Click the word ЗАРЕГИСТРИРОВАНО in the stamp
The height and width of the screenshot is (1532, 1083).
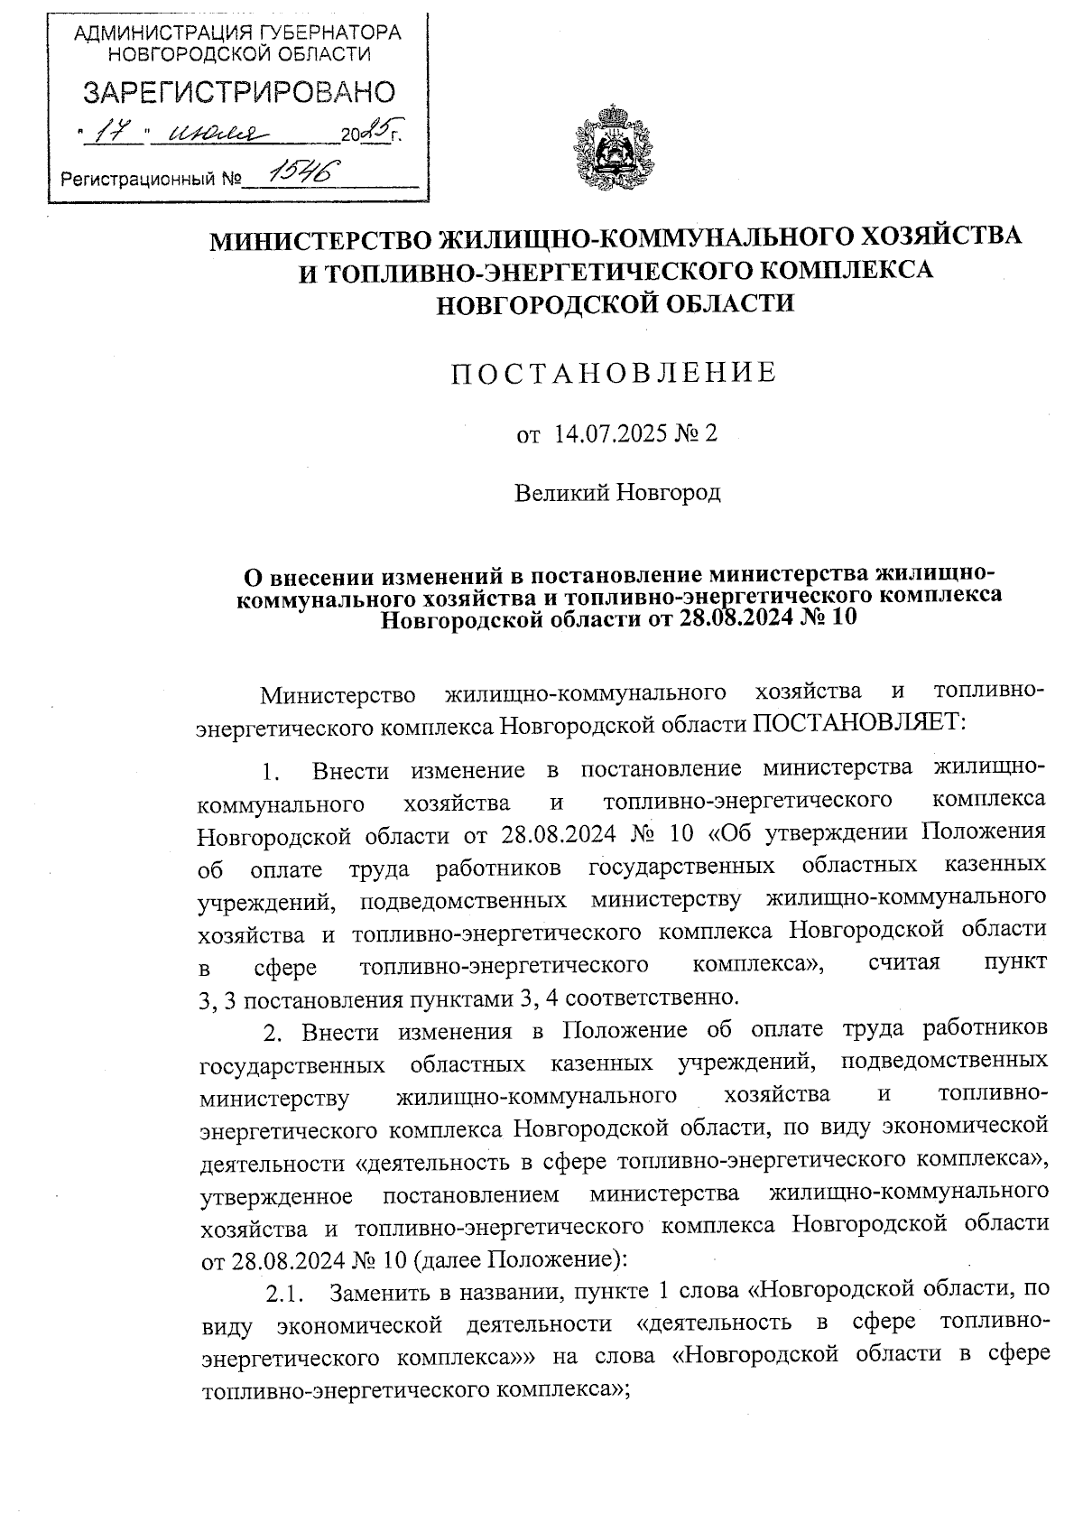tap(239, 92)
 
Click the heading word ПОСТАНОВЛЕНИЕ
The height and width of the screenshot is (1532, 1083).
tap(614, 373)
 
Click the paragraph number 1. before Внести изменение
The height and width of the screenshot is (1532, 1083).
tap(272, 772)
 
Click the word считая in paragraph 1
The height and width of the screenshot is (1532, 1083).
tap(902, 963)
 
